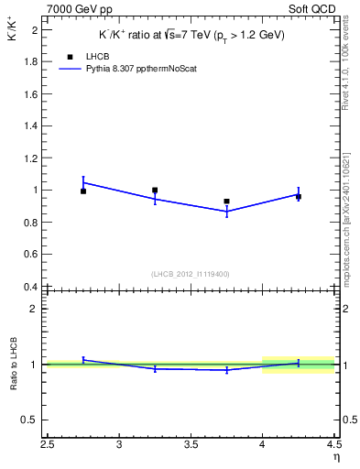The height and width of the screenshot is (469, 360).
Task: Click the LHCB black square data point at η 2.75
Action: (83, 191)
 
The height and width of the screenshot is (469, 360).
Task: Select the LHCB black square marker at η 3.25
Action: (155, 191)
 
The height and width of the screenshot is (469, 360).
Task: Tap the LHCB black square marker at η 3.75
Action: (226, 202)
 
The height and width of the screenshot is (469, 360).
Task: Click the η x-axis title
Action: (335, 455)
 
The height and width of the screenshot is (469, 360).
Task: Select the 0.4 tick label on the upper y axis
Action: (30, 287)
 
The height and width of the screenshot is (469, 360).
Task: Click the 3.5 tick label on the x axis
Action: (191, 445)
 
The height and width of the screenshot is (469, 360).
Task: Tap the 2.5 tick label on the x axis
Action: (48, 445)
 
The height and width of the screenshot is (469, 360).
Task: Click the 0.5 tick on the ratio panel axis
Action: (30, 420)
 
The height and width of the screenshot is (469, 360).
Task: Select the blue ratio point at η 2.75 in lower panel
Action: (83, 360)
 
